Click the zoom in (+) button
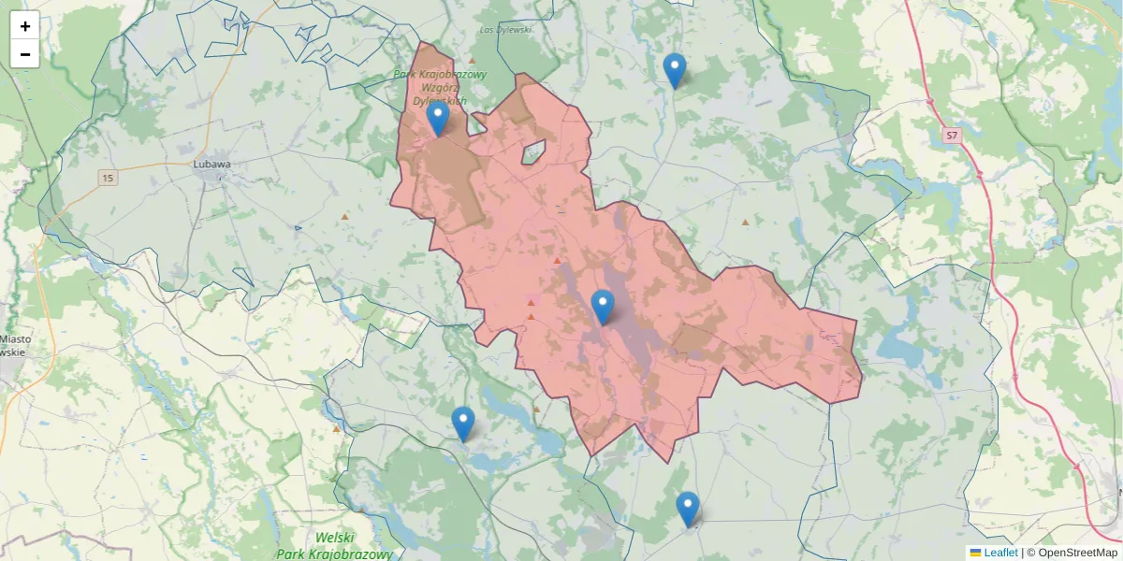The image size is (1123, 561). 25,26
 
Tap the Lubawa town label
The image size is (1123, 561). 211,164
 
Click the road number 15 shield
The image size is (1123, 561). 108,178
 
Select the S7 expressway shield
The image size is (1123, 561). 952,136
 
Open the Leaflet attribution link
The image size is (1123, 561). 1000,553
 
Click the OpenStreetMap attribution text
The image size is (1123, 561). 1077,553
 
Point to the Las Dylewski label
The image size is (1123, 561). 505,30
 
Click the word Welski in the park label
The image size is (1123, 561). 334,538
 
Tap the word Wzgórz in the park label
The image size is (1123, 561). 439,87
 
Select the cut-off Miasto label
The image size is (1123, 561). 14,339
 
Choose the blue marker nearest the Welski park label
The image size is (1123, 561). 463,424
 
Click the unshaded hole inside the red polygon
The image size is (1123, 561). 533,152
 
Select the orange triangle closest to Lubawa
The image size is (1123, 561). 344,217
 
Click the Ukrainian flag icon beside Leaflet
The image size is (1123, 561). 975,553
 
